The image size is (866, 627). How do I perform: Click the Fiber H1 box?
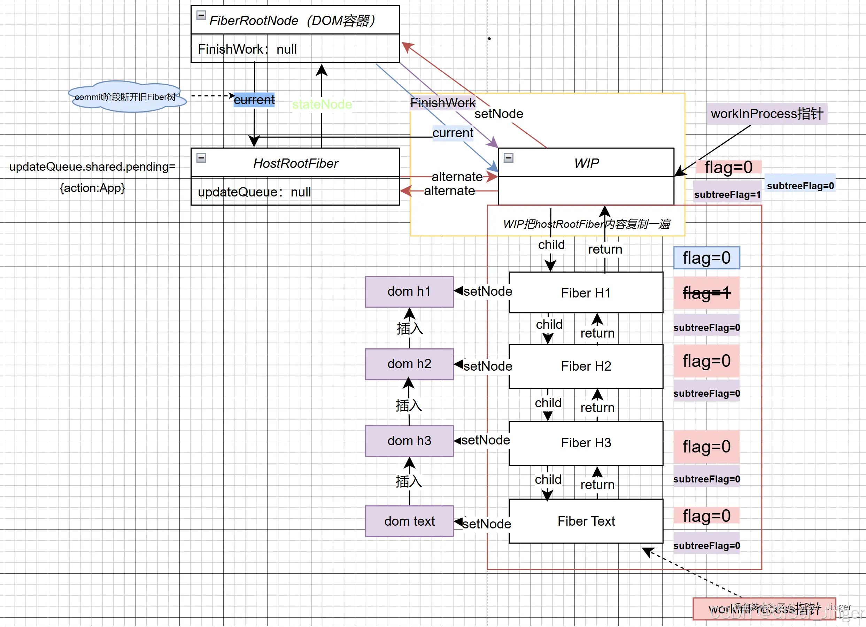click(x=586, y=293)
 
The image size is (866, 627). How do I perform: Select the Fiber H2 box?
click(x=586, y=366)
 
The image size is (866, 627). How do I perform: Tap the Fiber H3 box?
click(x=586, y=443)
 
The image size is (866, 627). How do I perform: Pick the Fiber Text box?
click(x=586, y=521)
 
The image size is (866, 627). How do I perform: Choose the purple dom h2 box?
click(x=409, y=364)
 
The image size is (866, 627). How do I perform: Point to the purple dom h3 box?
click(x=409, y=441)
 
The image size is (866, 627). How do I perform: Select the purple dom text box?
click(x=409, y=521)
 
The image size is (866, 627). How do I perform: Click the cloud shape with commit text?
click(x=126, y=97)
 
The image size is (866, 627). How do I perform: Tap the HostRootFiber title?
click(x=295, y=163)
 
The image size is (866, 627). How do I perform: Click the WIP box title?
click(x=586, y=163)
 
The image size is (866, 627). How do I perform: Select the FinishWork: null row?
click(x=295, y=49)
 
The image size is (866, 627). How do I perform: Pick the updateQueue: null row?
click(x=295, y=192)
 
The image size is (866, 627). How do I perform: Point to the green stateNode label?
click(x=322, y=104)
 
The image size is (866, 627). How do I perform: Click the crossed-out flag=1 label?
click(x=706, y=293)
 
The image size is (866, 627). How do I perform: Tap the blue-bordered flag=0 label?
click(x=706, y=258)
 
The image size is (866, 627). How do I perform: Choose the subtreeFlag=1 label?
click(x=727, y=195)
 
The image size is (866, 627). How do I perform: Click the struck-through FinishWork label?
click(x=443, y=103)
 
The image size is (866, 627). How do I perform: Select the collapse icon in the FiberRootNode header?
click(x=201, y=15)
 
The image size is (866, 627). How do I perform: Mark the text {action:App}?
click(x=92, y=188)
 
